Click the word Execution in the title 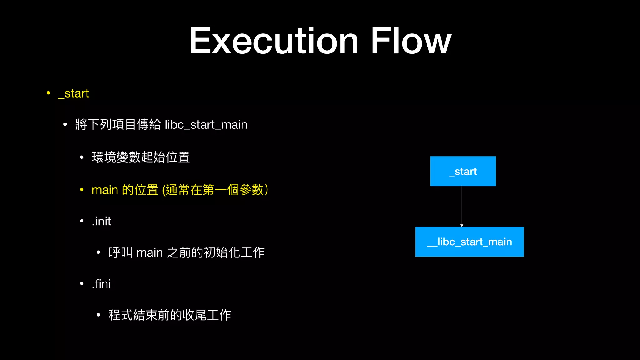(x=273, y=41)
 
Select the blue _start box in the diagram (x=463, y=171)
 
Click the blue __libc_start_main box (x=469, y=242)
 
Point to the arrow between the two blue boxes (x=462, y=206)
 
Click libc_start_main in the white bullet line (x=206, y=125)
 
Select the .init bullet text (x=102, y=221)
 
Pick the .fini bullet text (x=102, y=284)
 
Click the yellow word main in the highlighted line (x=105, y=190)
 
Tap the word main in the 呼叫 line (x=149, y=252)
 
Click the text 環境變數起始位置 (x=141, y=157)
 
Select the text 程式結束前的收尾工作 (x=170, y=315)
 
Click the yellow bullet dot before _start (x=48, y=93)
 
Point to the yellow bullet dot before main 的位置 (x=82, y=189)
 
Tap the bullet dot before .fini (x=82, y=284)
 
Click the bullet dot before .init (x=82, y=221)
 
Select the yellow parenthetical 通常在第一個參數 (x=215, y=190)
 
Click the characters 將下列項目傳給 (x=118, y=125)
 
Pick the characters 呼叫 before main (x=121, y=252)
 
